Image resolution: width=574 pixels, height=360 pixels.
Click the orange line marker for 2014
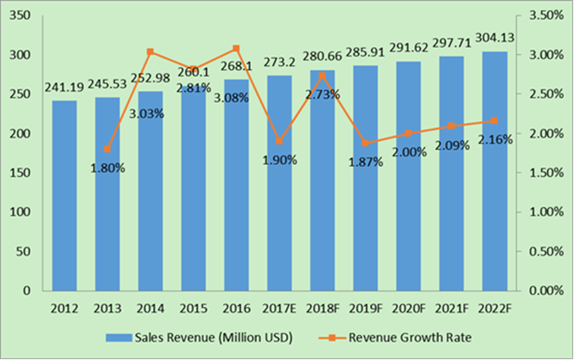pyautogui.click(x=150, y=52)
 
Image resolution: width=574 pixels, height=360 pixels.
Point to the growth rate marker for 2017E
pyautogui.click(x=279, y=141)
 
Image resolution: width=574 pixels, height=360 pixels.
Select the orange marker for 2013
pyautogui.click(x=107, y=149)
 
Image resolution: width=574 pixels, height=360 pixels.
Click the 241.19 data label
pyautogui.click(x=64, y=87)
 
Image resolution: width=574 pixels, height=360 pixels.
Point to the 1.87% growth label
pyautogui.click(x=365, y=162)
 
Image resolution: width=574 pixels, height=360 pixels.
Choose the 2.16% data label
pyautogui.click(x=495, y=139)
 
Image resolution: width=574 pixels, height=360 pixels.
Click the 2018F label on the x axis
pyautogui.click(x=322, y=308)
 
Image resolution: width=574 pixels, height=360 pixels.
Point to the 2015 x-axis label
pyautogui.click(x=193, y=308)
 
